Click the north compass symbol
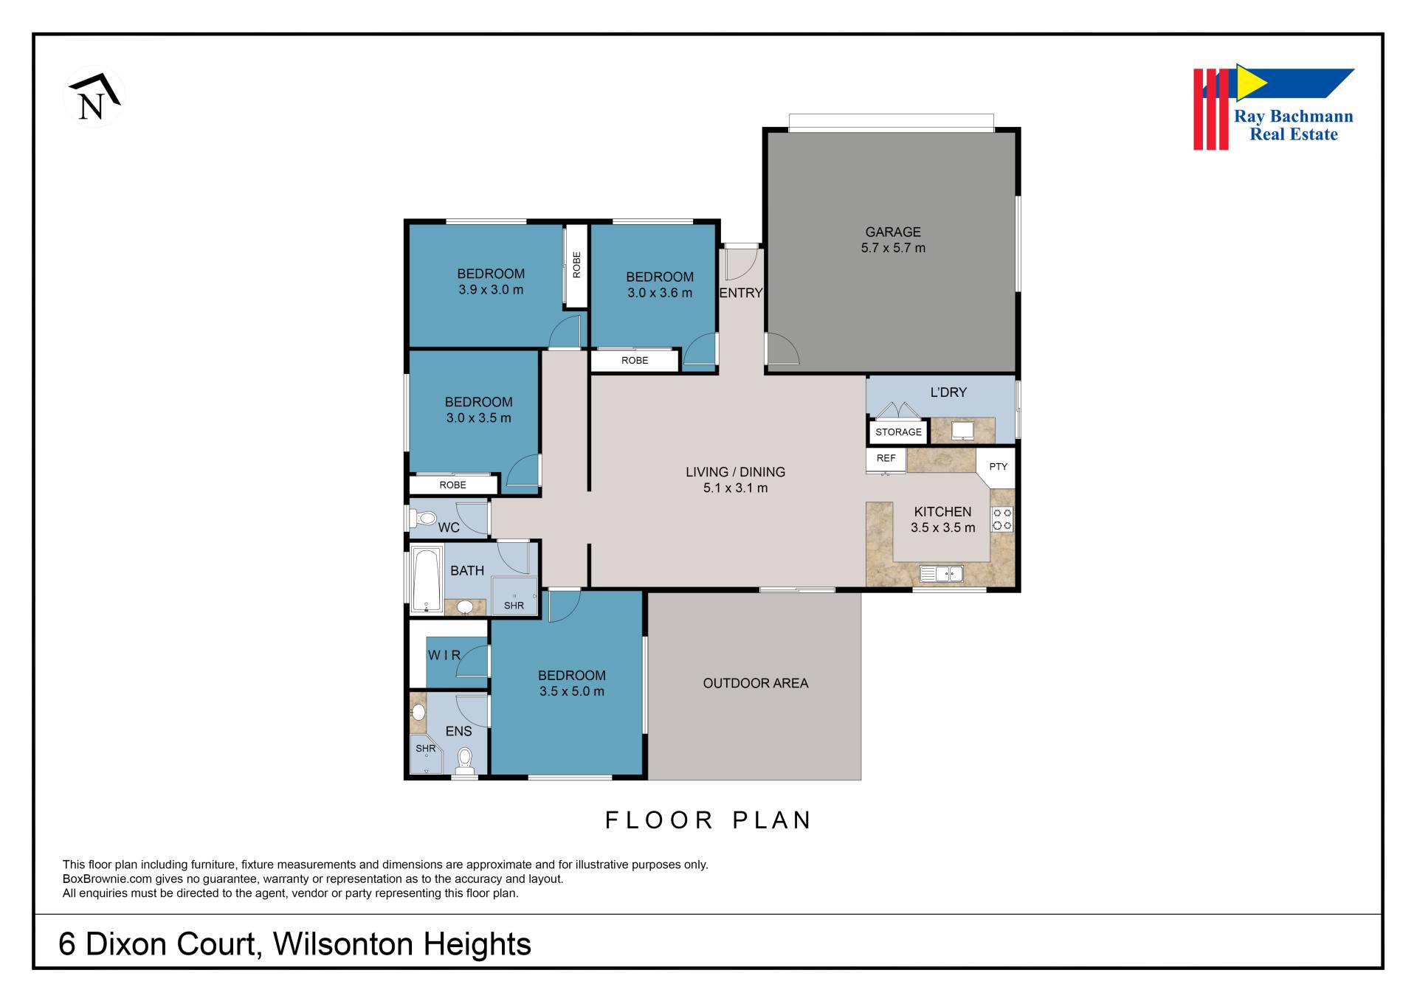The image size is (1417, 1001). (94, 97)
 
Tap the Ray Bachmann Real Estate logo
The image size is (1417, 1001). (1274, 107)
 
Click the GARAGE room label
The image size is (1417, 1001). (893, 232)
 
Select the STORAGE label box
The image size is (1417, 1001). (898, 432)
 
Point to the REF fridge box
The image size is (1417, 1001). (886, 460)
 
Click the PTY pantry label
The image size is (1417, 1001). (998, 467)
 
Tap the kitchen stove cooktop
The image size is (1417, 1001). (1001, 519)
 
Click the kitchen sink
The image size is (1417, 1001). (941, 573)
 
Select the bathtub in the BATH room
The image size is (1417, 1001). (427, 580)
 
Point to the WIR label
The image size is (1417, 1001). (444, 655)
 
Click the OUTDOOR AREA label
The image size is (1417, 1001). (755, 683)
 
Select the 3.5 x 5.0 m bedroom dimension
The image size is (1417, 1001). (572, 691)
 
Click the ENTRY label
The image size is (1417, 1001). (741, 293)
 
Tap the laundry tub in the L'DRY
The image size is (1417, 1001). (962, 430)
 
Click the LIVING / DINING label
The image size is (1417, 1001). (735, 472)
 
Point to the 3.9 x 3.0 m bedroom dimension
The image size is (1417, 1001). (491, 290)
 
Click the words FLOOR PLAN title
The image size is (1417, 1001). (708, 820)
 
